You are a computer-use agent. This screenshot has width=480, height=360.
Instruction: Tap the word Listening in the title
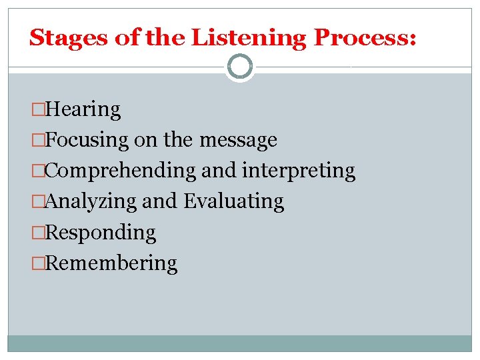[x=249, y=37]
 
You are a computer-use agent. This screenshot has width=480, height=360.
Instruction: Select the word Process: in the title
[x=365, y=37]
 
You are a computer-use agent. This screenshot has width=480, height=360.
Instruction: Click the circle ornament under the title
[x=240, y=67]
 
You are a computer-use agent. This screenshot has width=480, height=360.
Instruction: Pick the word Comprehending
[x=121, y=171]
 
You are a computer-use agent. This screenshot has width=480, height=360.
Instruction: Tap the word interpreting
[x=298, y=171]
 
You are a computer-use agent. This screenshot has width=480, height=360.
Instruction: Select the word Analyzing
[x=93, y=201]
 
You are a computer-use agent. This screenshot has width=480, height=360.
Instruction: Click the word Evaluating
[x=233, y=201]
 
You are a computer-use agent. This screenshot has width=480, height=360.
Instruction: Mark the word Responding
[x=101, y=233]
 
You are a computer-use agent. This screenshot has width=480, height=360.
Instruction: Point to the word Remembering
[x=112, y=263]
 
